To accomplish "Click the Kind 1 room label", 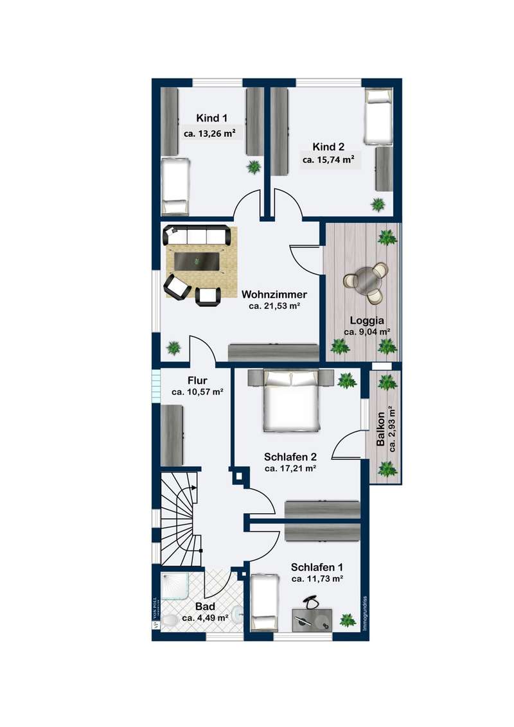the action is click(x=211, y=118).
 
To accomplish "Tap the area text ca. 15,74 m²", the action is click(x=328, y=159).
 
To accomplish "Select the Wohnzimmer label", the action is click(x=274, y=294).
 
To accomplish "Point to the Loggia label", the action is click(x=367, y=320).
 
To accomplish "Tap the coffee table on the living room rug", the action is click(x=197, y=262).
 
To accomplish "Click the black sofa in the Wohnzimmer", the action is click(x=197, y=236).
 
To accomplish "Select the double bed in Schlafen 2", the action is click(x=291, y=399).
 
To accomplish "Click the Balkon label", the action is click(x=380, y=429).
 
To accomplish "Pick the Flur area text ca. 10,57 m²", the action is click(x=198, y=392).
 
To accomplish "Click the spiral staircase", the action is click(x=182, y=518).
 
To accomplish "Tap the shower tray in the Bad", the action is click(x=175, y=588).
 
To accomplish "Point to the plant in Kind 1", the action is click(x=254, y=166).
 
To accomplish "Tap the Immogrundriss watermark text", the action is click(x=365, y=613).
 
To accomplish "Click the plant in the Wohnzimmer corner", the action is click(x=173, y=347).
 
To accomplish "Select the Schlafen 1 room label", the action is click(x=317, y=567).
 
